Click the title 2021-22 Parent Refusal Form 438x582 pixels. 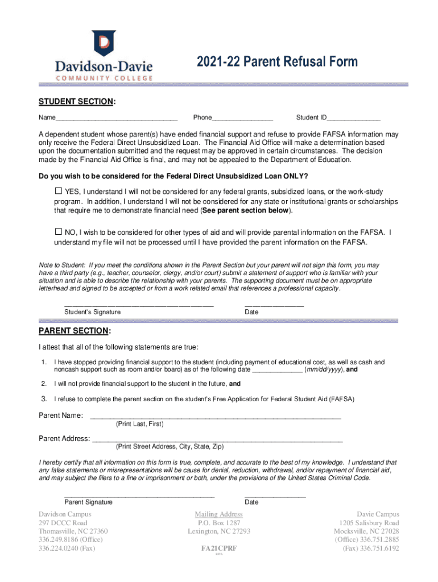[278, 62]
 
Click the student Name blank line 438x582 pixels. [117, 119]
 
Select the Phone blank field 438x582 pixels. [242, 119]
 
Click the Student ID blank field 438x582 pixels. [353, 119]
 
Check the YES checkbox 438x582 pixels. [58, 190]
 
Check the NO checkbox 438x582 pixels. [58, 232]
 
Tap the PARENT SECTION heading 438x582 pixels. [75, 331]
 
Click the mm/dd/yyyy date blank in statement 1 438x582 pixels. [276, 370]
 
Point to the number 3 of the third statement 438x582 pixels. [43, 399]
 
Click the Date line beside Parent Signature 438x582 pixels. [275, 496]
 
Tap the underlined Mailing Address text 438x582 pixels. [219, 514]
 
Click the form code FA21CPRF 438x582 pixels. [219, 549]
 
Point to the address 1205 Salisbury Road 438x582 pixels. [369, 523]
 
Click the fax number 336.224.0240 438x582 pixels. [59, 548]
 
